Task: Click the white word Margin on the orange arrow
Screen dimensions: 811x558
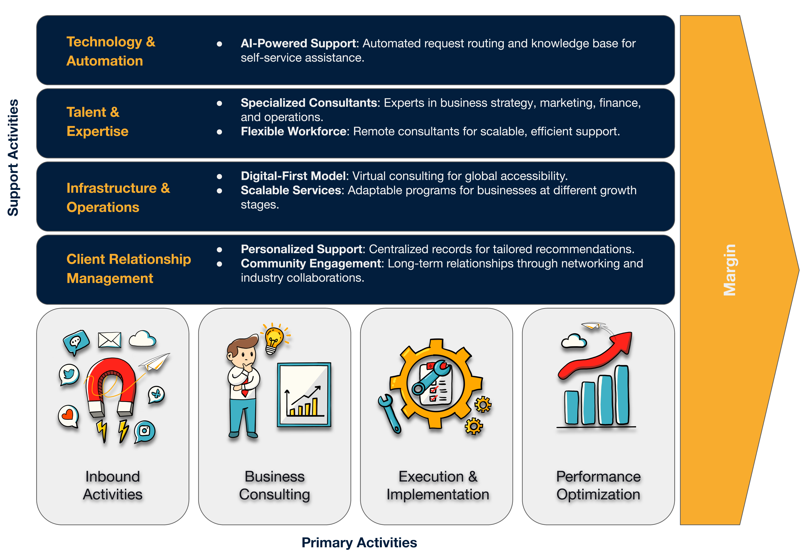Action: pyautogui.click(x=730, y=270)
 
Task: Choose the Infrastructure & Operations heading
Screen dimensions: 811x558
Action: pyautogui.click(x=118, y=198)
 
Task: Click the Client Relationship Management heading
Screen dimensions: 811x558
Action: pyautogui.click(x=129, y=269)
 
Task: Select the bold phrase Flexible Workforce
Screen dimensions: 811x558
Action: pyautogui.click(x=293, y=132)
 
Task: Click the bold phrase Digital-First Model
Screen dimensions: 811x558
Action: pyautogui.click(x=293, y=176)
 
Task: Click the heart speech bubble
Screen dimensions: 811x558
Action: pyautogui.click(x=68, y=416)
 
